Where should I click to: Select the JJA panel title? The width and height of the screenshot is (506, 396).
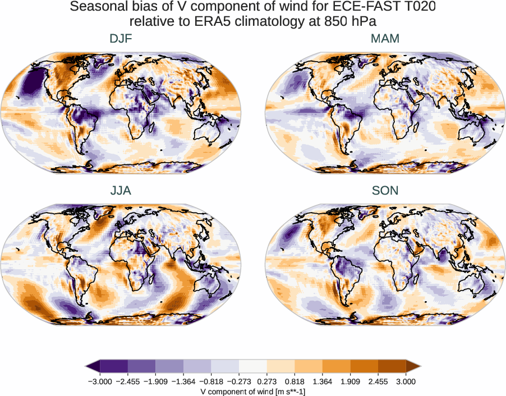coord(121,191)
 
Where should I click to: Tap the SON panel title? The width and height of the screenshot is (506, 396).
coord(385,191)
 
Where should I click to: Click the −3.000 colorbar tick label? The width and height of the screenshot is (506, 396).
coord(100,381)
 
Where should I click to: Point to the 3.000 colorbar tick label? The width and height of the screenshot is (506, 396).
coord(406,381)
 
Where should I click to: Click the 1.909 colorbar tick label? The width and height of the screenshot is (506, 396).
coord(350,381)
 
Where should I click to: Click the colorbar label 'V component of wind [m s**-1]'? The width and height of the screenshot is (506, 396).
coord(252,392)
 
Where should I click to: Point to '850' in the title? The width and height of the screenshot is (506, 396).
coord(344,22)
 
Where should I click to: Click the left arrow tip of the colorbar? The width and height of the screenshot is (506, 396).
coord(88,366)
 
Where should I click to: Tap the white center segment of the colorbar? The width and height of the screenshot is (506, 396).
coord(253,366)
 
